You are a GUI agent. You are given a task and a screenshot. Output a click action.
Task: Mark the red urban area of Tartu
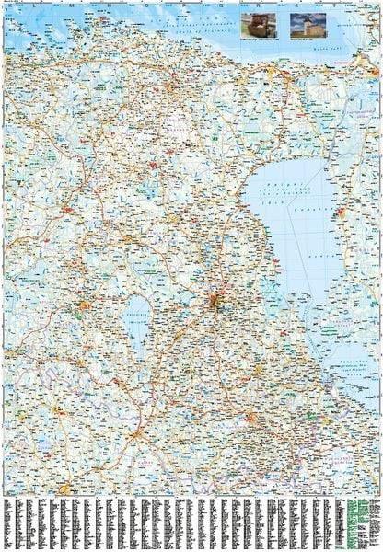(216, 301)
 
